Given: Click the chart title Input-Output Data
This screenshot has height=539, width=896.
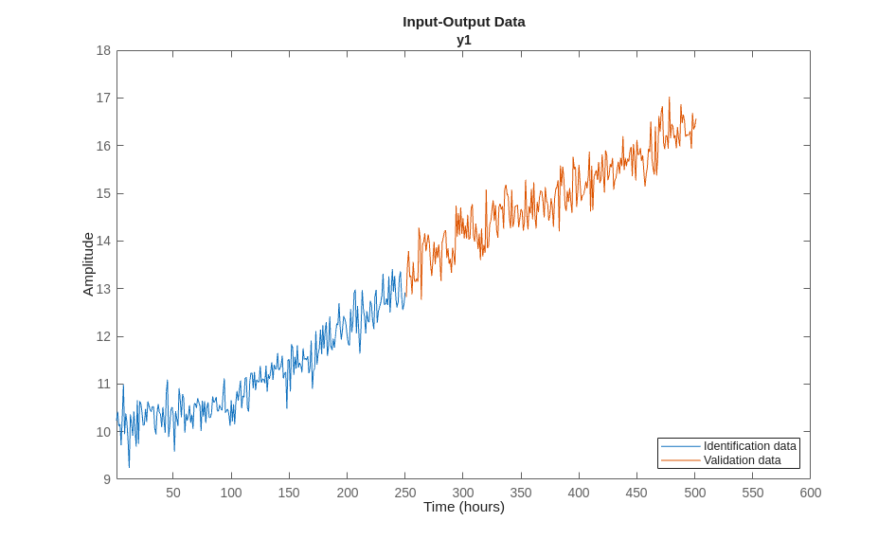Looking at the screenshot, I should tap(463, 21).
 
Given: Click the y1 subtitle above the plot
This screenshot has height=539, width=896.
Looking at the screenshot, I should tap(463, 40).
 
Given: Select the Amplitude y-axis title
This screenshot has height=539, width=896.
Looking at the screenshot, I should tap(88, 264).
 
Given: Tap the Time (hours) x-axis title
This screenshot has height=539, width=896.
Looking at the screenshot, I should tap(463, 507).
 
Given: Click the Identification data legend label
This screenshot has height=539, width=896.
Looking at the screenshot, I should tap(749, 446).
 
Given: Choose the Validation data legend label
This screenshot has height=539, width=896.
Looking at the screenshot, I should tap(742, 460).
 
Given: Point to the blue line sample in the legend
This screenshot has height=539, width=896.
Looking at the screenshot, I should tap(680, 446).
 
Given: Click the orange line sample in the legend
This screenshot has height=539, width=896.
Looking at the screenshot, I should tap(680, 460).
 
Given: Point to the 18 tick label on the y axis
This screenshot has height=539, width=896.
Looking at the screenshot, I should tap(103, 50).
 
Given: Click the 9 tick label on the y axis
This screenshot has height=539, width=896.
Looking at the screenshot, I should tap(107, 479).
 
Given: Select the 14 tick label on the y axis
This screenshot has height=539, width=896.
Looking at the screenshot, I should tap(103, 241).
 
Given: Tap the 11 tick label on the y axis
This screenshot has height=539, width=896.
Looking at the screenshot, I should tap(103, 384).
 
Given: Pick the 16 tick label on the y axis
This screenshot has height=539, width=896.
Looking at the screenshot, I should tap(103, 146).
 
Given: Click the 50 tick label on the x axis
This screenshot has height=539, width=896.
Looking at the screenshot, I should tap(173, 493).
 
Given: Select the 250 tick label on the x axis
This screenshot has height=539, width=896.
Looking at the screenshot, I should tap(404, 493).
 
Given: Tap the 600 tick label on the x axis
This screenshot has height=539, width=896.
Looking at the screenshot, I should tap(810, 493).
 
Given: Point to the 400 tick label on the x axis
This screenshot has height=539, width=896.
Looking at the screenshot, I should tap(579, 493).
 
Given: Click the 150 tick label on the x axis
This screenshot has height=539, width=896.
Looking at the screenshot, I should tap(289, 493).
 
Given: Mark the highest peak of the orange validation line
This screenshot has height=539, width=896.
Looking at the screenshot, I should tap(669, 97).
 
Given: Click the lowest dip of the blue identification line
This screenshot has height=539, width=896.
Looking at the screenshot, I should tap(129, 467).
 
